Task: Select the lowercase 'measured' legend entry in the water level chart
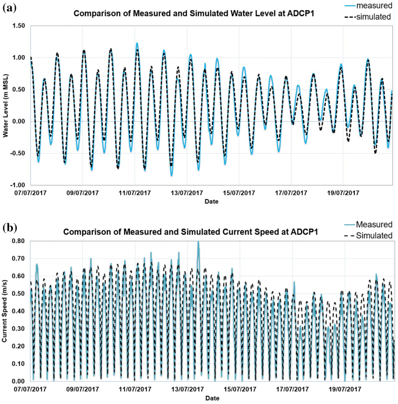pos(374,5)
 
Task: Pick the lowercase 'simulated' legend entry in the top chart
pos(374,17)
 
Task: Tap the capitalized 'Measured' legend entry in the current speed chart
pos(374,225)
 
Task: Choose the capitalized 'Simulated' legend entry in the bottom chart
pos(374,236)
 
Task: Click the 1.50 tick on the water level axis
pos(17,25)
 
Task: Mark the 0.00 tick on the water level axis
pos(17,121)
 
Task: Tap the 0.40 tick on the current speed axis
pos(17,311)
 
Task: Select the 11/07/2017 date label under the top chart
pos(135,193)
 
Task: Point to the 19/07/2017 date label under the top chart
pos(343,193)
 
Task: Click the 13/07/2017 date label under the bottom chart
pos(188,390)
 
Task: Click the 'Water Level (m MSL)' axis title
pos(6,105)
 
